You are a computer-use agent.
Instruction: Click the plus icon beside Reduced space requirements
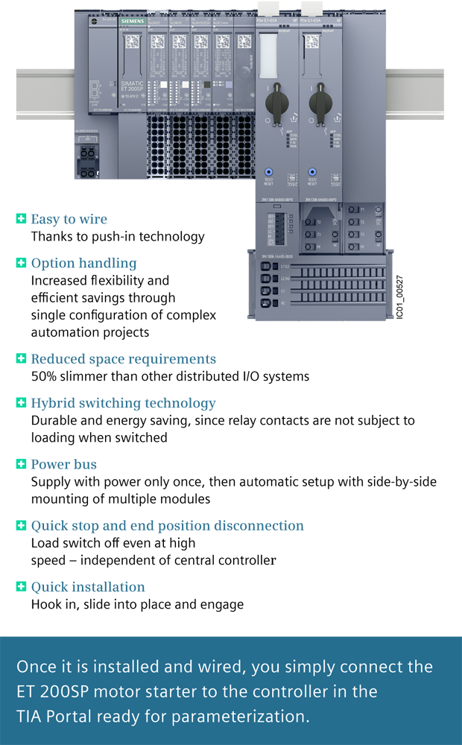[21, 358]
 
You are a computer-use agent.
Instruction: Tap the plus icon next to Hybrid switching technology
[21, 403]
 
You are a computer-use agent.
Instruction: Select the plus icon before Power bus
[21, 464]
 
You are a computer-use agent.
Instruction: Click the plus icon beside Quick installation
[21, 587]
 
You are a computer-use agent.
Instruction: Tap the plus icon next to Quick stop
[21, 526]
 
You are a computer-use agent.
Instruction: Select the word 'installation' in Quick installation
[111, 587]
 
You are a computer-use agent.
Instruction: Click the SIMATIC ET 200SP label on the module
[131, 90]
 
